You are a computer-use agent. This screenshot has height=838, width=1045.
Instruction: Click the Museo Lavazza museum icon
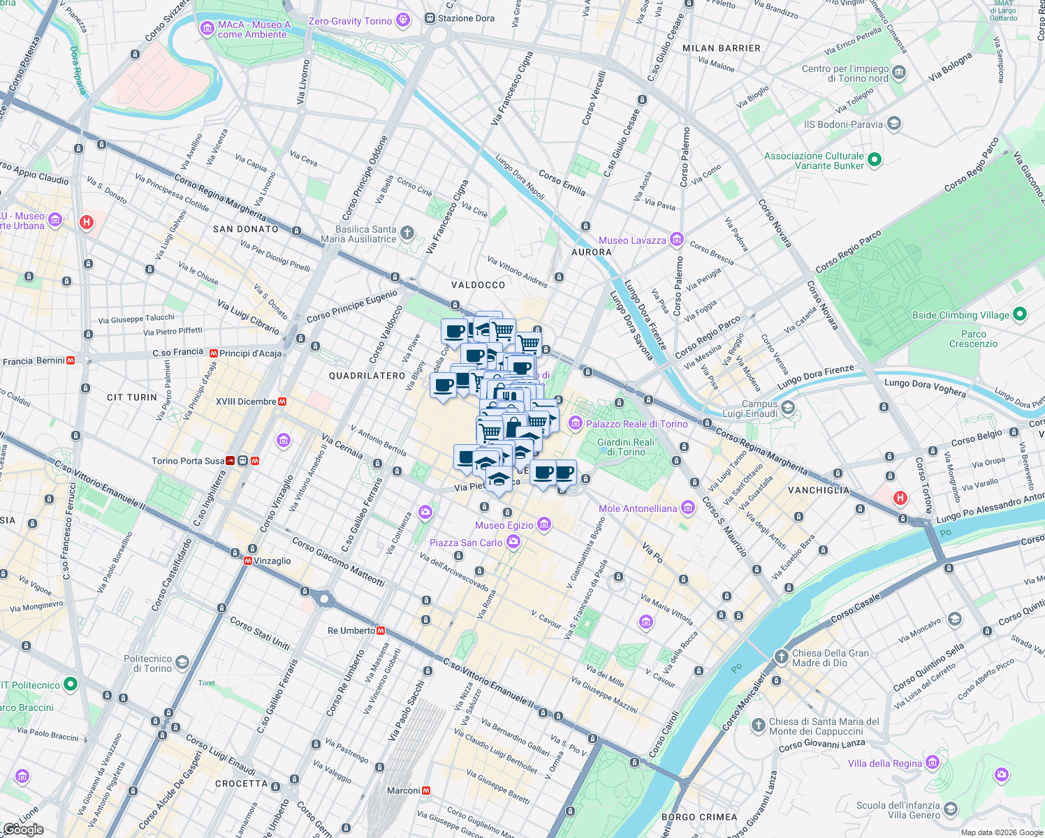[x=676, y=240]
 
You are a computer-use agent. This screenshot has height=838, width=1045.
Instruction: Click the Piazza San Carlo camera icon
[x=513, y=542]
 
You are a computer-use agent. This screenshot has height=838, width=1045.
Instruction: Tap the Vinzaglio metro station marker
[x=248, y=561]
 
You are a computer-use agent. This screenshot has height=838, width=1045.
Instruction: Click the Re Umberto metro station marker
[x=381, y=631]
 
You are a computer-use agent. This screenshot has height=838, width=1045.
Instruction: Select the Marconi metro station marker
[x=426, y=791]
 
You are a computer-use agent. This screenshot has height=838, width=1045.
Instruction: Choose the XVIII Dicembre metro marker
[x=282, y=402]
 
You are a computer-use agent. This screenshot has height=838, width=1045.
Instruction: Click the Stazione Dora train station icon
[x=431, y=18]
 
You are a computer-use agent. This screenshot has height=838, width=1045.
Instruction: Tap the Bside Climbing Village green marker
[x=1019, y=315]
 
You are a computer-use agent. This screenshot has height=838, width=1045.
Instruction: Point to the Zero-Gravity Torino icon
[x=402, y=20]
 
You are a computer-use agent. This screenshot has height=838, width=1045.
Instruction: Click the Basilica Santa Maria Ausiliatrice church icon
[x=407, y=233]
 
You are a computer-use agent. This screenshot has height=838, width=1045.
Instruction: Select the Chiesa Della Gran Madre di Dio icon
[x=781, y=657]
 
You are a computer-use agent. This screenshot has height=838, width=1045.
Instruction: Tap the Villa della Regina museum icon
[x=933, y=763]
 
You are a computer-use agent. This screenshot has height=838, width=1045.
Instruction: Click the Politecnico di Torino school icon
[x=182, y=663]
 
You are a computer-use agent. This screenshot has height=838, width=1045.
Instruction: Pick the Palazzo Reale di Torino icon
[x=575, y=423]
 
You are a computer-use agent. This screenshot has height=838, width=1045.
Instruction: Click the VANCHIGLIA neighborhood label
[x=819, y=490]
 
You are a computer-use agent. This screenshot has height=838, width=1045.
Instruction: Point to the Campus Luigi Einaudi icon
[x=788, y=408]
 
